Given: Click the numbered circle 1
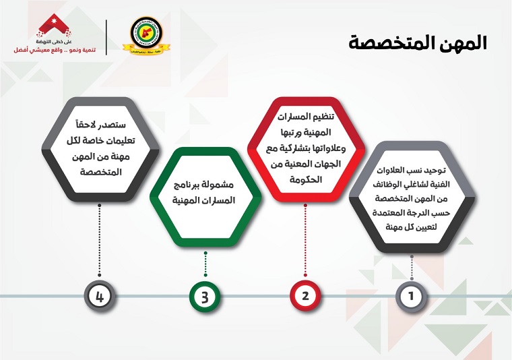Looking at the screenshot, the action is tap(411, 296).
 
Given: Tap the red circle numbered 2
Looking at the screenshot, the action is tap(305, 296).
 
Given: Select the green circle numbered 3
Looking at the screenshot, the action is tap(205, 297).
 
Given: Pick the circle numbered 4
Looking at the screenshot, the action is tap(100, 296).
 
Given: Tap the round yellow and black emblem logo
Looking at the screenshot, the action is tap(146, 36).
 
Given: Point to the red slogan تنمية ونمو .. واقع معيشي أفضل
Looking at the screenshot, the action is tap(55, 50).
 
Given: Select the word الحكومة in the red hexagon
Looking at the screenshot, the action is tap(306, 179).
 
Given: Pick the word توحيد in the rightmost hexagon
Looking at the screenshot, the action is tap(435, 171).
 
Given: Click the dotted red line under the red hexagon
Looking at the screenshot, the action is tap(305, 240).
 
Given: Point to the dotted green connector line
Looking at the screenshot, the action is tap(205, 264).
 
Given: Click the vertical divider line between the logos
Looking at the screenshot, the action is tap(106, 37).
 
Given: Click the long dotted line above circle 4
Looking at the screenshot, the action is tap(100, 240).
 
